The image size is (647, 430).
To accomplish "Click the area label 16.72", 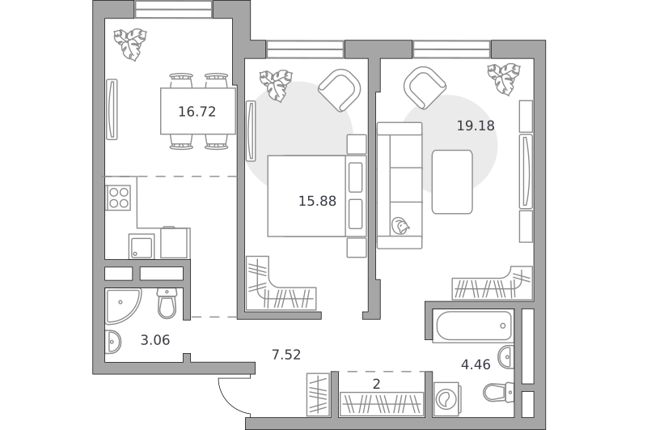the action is click(197, 112).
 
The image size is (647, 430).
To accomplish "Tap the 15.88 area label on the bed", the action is click(317, 201).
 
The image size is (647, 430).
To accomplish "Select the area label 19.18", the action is click(476, 126).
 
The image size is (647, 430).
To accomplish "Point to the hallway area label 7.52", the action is click(286, 355).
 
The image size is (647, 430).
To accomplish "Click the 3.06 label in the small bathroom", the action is click(155, 340).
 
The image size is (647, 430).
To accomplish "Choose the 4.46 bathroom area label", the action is click(476, 364).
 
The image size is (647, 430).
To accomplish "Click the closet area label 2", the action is click(376, 385).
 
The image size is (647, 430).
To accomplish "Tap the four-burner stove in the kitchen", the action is click(118, 198).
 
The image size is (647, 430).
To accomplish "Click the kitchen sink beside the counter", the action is click(141, 247).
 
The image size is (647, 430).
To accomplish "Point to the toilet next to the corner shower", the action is click(167, 303).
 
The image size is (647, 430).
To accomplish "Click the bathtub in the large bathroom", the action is click(474, 326).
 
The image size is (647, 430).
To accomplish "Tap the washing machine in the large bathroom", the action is click(446, 399).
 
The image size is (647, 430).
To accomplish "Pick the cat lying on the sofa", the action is click(400, 226).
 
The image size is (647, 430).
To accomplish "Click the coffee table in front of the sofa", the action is click(452, 181).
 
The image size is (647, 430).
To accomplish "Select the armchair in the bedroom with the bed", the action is click(340, 90).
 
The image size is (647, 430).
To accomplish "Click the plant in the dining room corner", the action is click(130, 44).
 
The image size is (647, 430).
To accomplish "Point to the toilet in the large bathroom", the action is click(498, 392).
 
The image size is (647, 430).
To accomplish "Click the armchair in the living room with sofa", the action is click(425, 88).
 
